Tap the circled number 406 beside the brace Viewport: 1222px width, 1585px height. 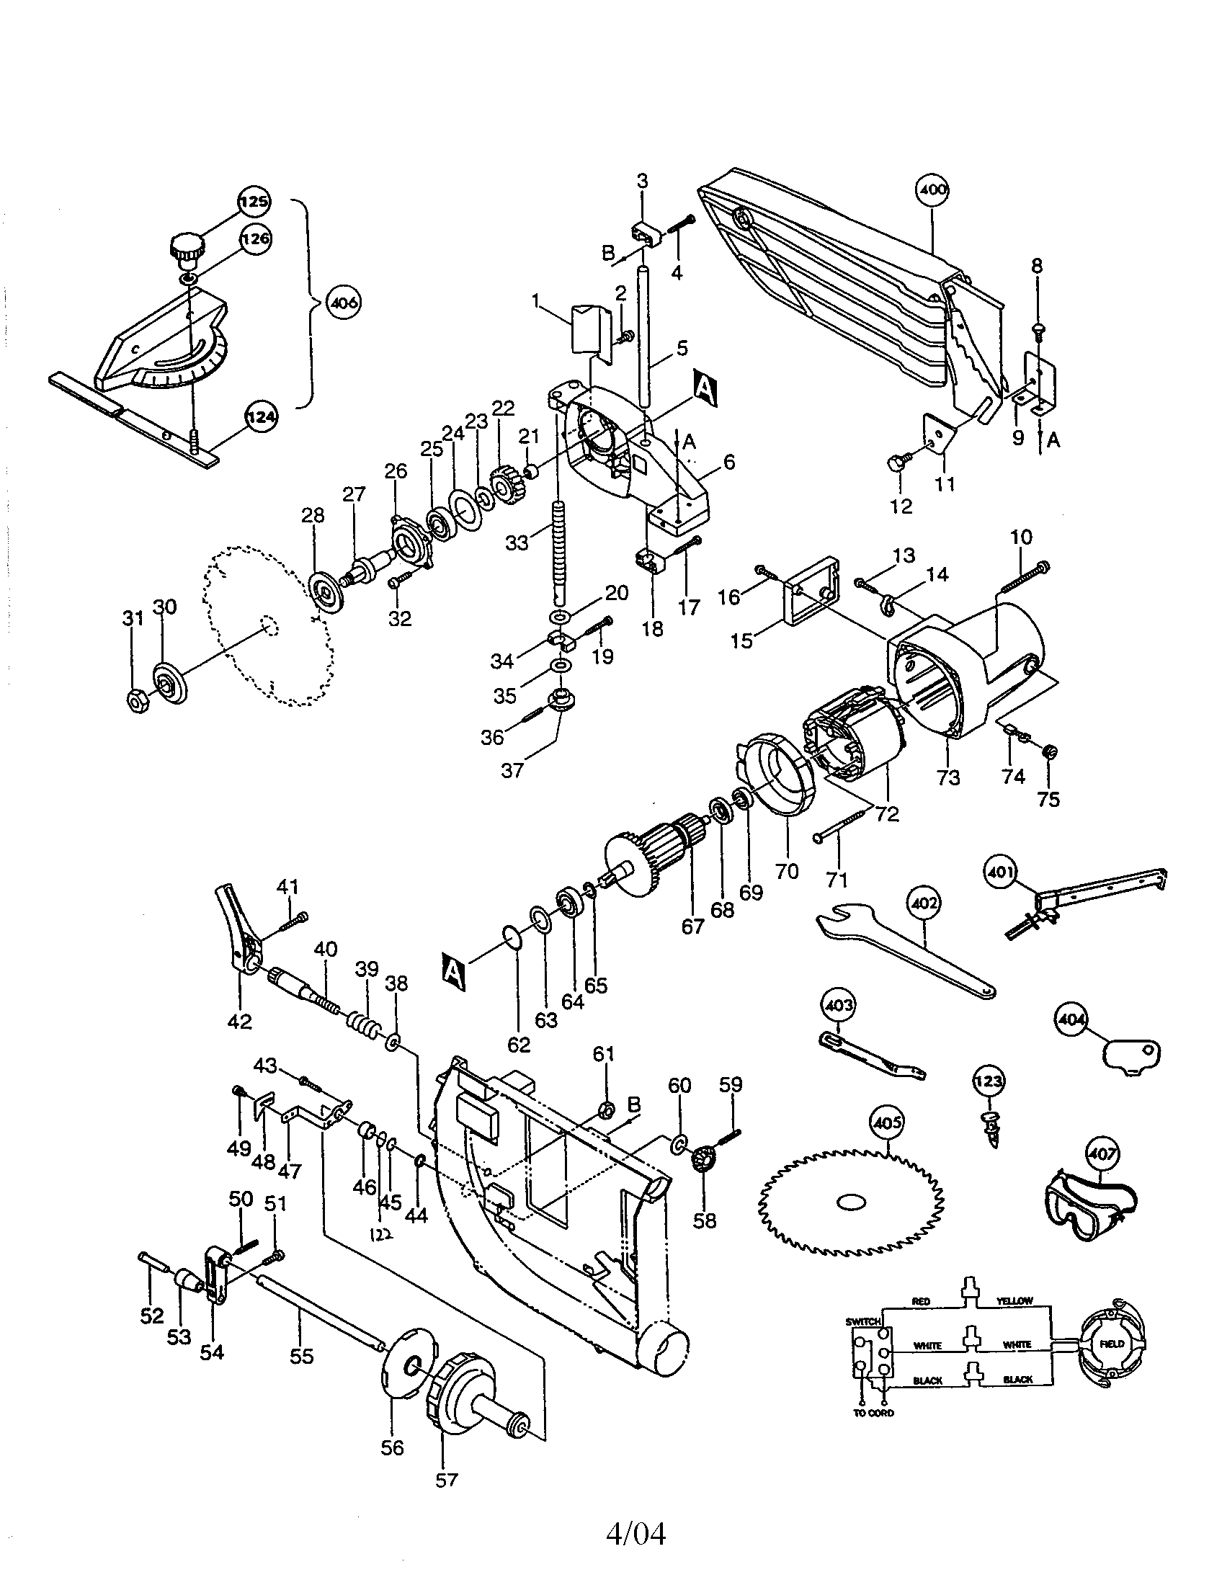343,303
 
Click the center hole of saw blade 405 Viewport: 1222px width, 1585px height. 850,1202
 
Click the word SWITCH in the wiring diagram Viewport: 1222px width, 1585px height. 862,1321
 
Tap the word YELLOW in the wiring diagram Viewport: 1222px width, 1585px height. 1014,1301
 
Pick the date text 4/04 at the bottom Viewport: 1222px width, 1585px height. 635,1533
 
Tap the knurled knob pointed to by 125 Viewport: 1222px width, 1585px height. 188,251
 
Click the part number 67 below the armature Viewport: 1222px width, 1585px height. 692,927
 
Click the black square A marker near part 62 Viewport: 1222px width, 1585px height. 453,972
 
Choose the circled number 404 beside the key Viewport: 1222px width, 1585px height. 1072,1020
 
